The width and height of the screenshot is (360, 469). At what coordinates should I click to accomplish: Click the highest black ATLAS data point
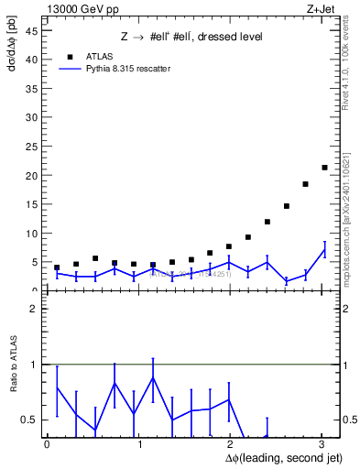click(x=324, y=168)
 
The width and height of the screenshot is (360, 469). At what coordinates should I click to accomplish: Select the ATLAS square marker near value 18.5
click(x=305, y=184)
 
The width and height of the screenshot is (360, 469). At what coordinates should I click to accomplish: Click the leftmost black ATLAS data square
click(x=57, y=267)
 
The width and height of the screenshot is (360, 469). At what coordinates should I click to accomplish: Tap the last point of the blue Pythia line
click(x=324, y=250)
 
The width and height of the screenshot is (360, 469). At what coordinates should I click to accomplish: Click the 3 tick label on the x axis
click(x=323, y=444)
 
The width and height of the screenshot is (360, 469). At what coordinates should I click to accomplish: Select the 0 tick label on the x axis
click(x=47, y=444)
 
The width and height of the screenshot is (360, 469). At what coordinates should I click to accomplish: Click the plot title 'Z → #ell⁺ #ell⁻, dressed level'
click(x=191, y=38)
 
